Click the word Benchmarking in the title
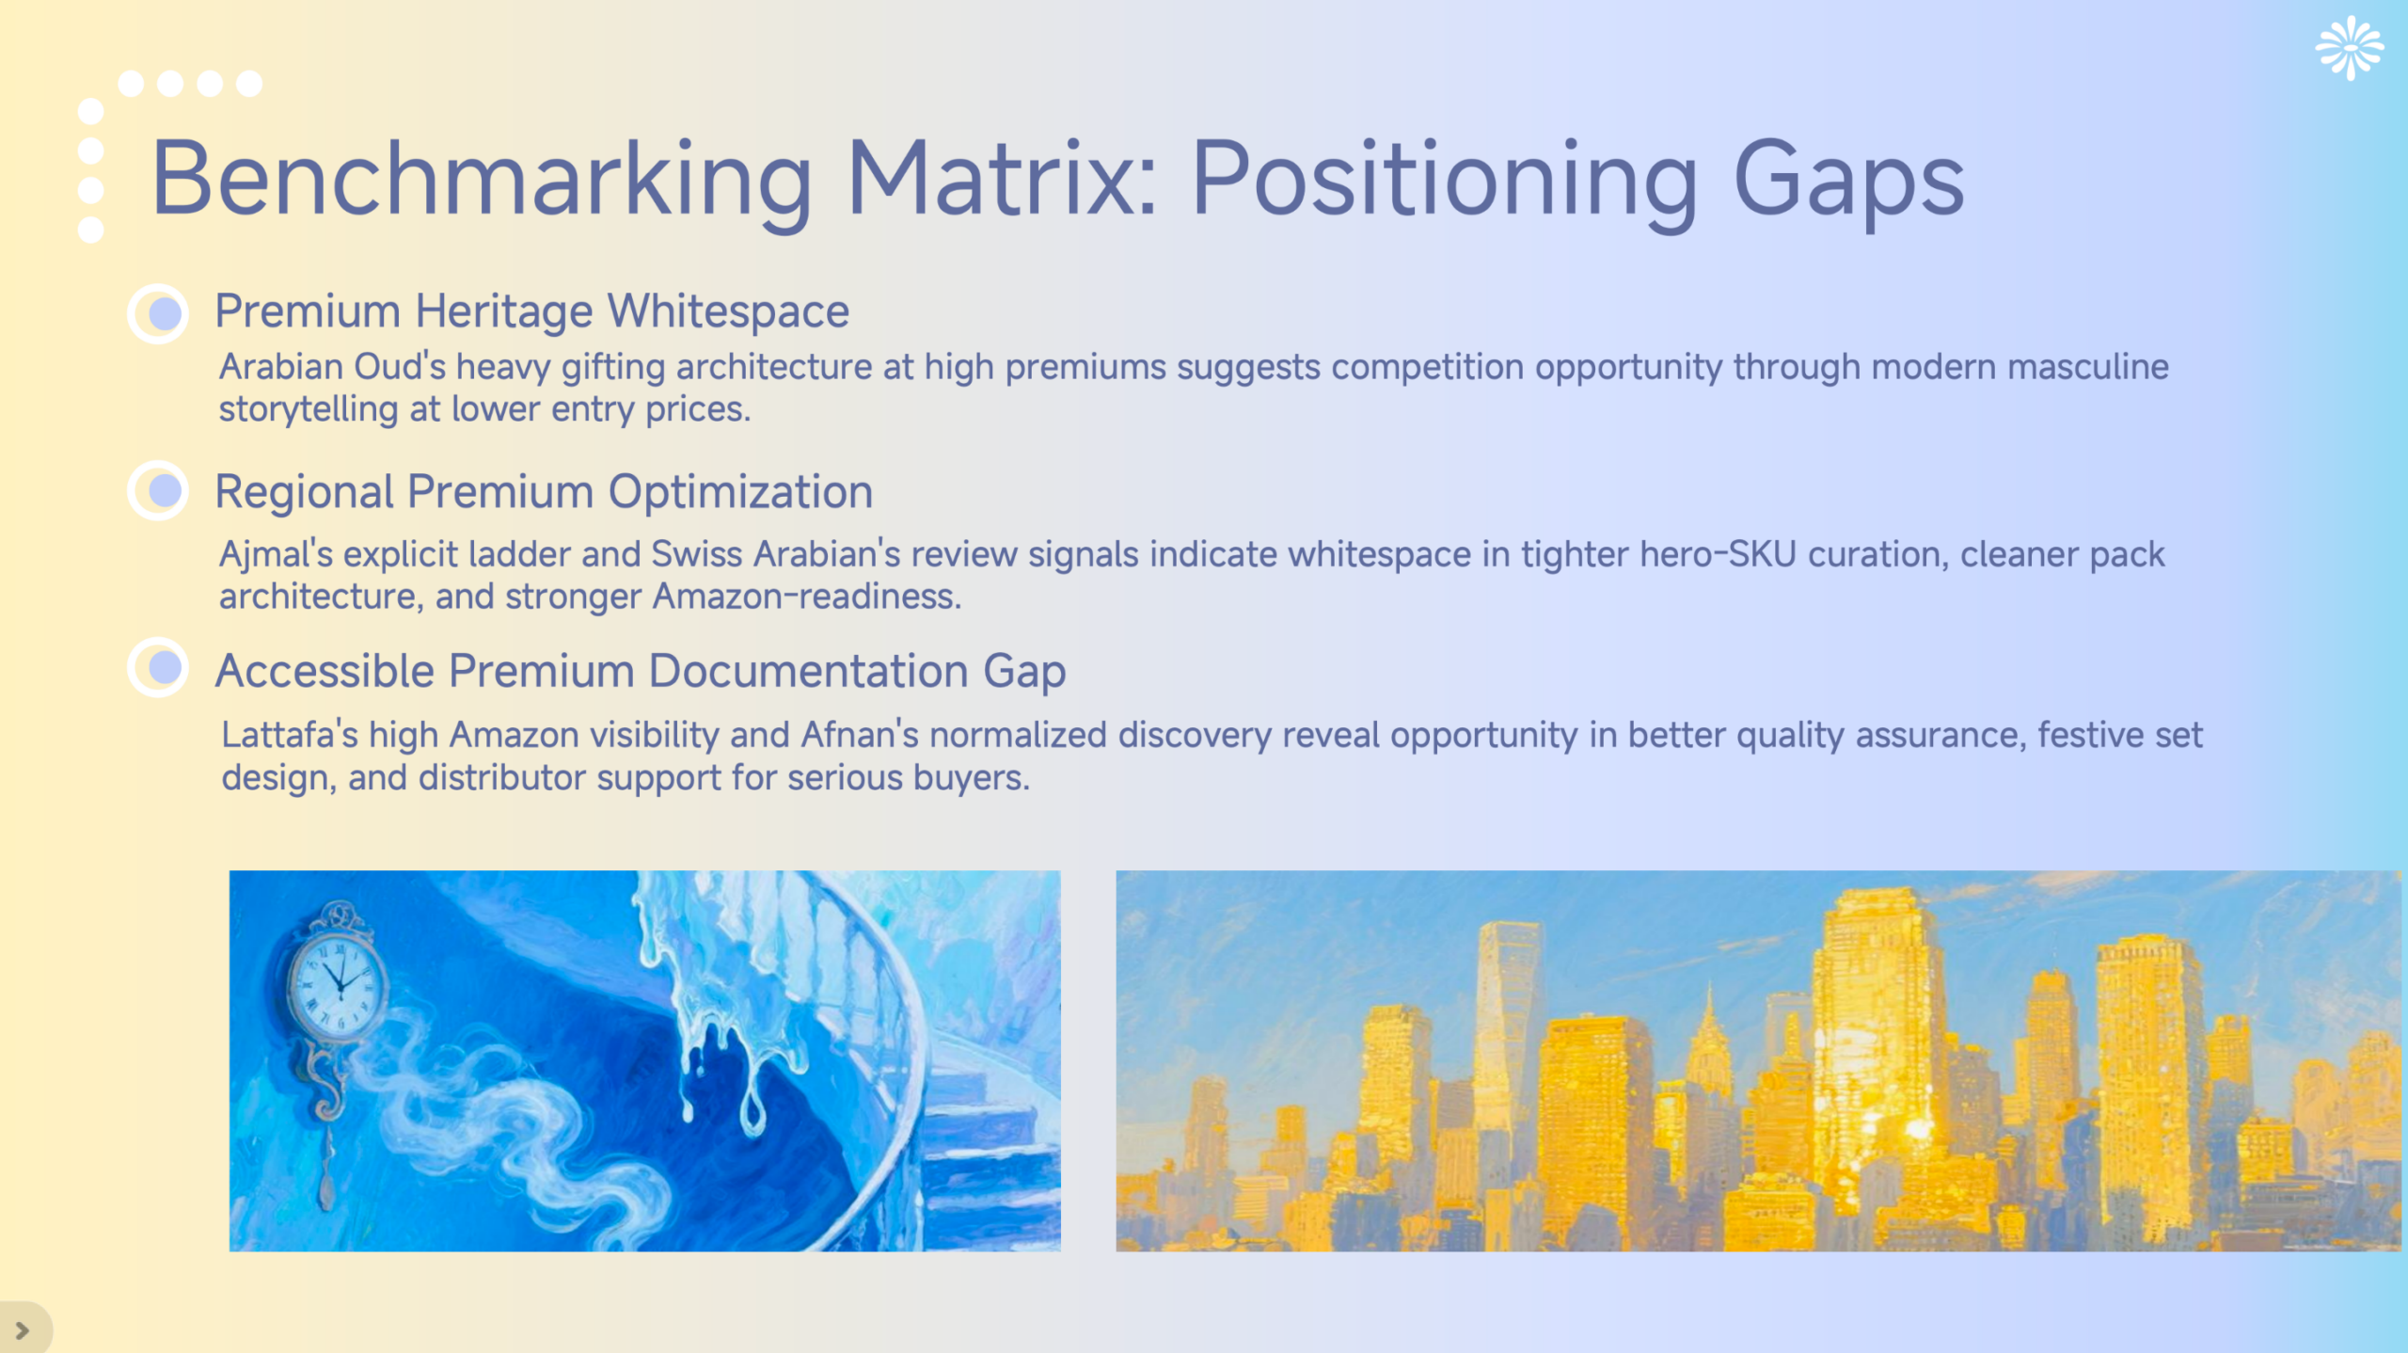[481, 179]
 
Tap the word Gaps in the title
[1848, 179]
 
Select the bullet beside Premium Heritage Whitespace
[159, 313]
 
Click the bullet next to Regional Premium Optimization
[159, 490]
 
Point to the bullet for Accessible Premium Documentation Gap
[159, 668]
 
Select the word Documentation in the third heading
[808, 672]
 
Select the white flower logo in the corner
[2350, 48]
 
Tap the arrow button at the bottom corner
[23, 1330]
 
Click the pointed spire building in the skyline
[1709, 1035]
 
